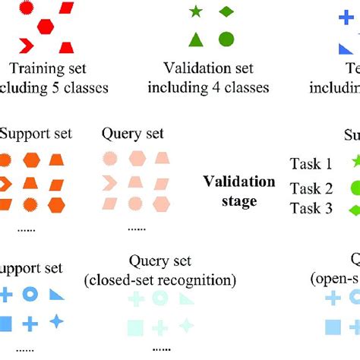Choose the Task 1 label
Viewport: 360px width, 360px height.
(x=311, y=163)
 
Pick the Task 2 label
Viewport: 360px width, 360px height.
(x=311, y=188)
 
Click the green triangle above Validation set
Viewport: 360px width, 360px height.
(x=195, y=40)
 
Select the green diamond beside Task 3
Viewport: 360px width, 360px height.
(x=353, y=210)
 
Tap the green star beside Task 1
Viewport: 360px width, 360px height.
(x=354, y=161)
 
